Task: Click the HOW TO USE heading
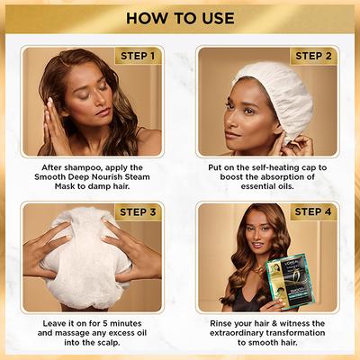[180, 17]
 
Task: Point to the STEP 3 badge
[139, 213]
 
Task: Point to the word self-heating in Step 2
[271, 167]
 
